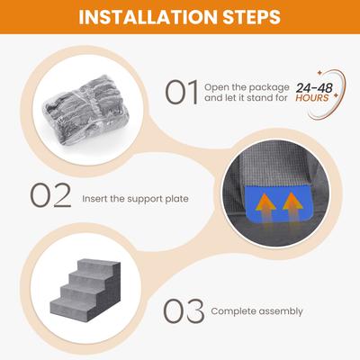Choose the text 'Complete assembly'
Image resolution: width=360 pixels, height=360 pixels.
click(x=256, y=312)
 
